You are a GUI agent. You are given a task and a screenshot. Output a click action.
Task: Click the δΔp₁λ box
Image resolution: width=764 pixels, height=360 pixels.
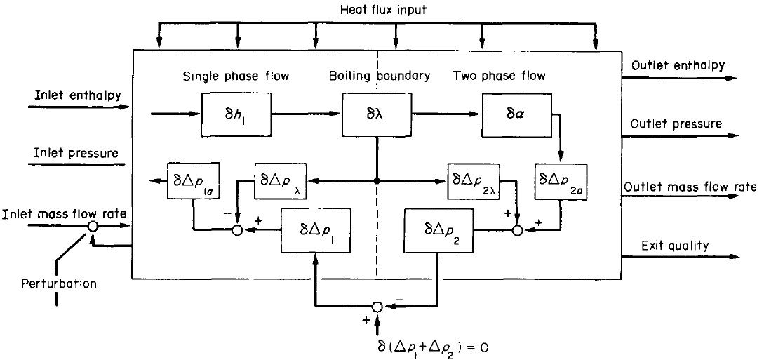pos(281,182)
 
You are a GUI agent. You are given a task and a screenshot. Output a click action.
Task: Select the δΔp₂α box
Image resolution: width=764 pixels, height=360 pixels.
pos(561,182)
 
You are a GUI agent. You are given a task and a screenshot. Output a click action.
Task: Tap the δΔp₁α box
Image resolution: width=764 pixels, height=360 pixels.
pos(193,182)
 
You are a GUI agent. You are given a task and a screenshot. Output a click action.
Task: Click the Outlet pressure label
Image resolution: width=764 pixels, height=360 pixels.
pos(676,124)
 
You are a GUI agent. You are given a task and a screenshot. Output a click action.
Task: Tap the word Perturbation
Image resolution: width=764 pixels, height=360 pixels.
pos(58,284)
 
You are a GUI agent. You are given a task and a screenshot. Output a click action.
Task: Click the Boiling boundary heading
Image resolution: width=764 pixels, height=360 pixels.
pos(379,76)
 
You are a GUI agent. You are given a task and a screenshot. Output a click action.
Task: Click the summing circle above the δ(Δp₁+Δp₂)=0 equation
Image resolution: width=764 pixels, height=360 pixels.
pos(377,307)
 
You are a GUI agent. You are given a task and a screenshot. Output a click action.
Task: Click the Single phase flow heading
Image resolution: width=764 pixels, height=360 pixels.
pos(229,76)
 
